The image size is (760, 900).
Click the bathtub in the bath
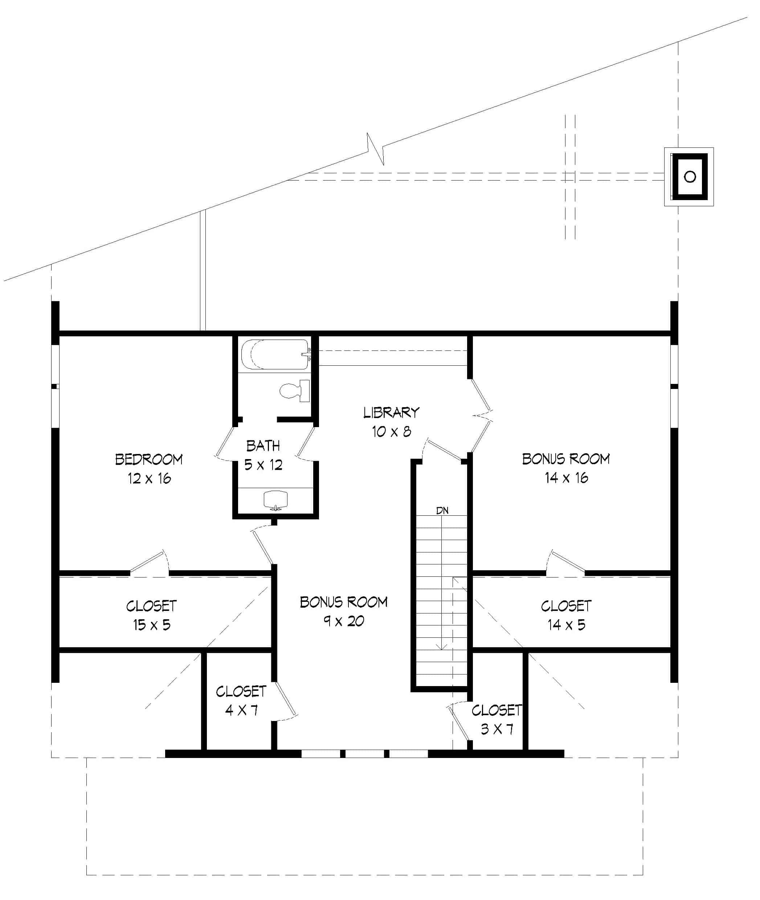click(274, 354)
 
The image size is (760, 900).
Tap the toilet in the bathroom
click(295, 391)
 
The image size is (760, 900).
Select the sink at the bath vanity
click(275, 499)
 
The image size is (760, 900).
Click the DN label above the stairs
click(442, 511)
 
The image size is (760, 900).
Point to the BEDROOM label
click(149, 459)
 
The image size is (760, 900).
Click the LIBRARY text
click(391, 413)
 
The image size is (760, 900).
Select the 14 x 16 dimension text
click(566, 478)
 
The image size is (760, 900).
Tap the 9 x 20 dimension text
click(343, 621)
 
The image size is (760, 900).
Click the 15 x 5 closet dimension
click(151, 625)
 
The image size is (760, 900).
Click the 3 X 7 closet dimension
click(497, 729)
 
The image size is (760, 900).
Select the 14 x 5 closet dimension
click(566, 625)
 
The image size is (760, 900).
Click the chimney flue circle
click(690, 177)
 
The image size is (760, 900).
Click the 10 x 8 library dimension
click(391, 431)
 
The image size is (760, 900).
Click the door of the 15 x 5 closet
click(148, 562)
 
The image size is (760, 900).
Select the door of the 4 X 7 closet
click(285, 699)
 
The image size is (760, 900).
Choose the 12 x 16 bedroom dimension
click(149, 478)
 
